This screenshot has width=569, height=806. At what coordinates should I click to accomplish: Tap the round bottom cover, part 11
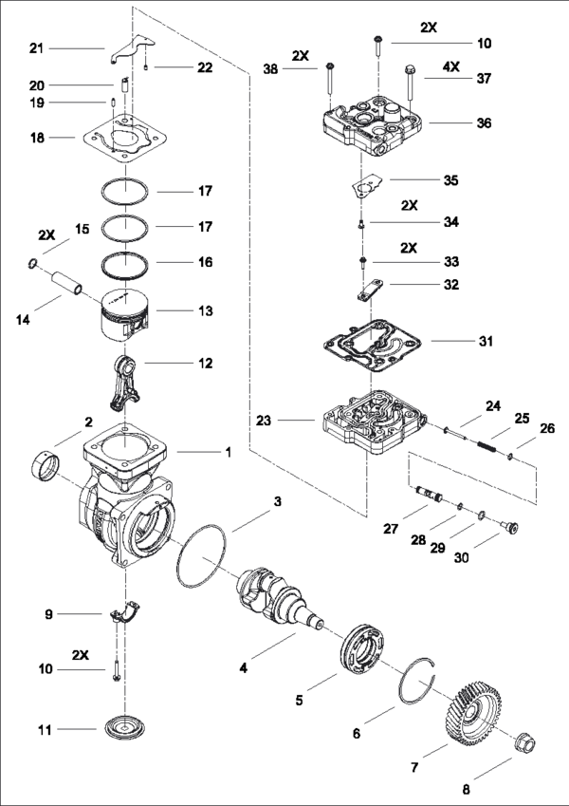click(x=123, y=728)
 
